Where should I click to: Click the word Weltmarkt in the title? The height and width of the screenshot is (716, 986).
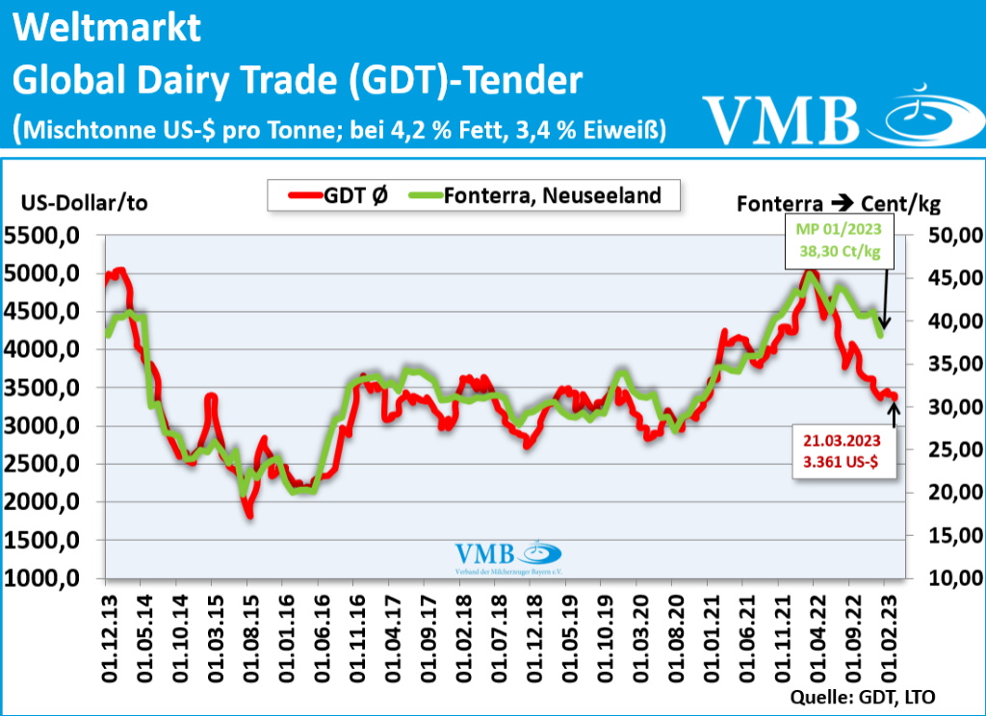pos(107,28)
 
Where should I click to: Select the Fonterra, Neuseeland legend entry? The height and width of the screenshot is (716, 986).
pos(535,195)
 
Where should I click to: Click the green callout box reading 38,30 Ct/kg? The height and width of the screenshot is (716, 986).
pos(839,241)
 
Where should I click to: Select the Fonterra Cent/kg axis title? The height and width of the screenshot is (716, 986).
pos(838,203)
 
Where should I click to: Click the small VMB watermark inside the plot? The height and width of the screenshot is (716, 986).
pos(507,558)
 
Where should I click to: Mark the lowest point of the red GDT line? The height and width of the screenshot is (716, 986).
pos(249,515)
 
